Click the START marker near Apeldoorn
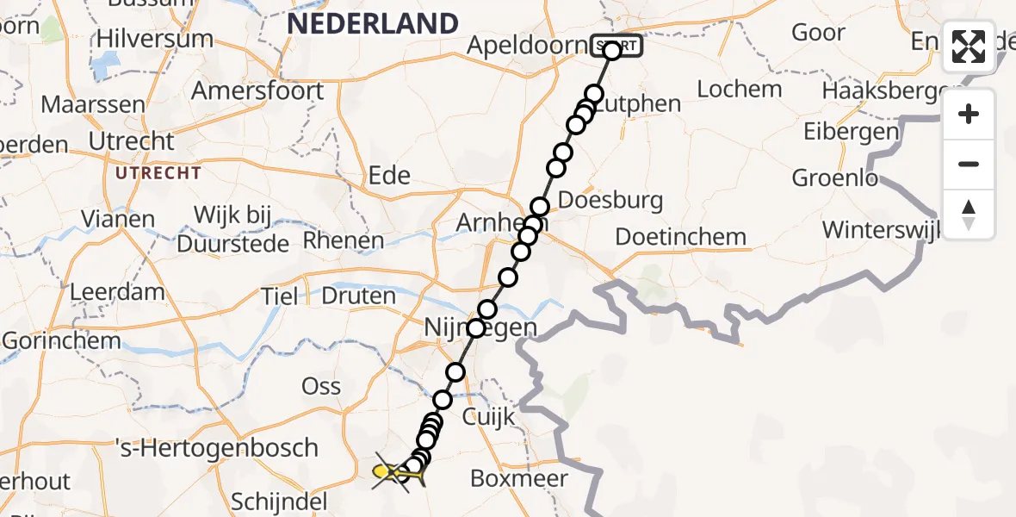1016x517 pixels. coord(616,46)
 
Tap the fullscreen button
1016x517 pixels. coord(969,47)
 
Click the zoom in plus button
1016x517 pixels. coord(969,114)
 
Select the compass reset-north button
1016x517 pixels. coord(969,215)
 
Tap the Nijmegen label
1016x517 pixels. coord(480,328)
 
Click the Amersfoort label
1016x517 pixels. coord(257,90)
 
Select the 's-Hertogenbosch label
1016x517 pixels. coord(216,448)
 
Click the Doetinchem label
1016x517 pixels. coord(681,237)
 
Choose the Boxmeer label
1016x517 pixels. coord(519,478)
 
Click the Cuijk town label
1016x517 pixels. coord(488,417)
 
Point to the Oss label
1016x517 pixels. coord(322,386)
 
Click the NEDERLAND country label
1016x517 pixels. coord(372,23)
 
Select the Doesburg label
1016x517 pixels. coord(610,202)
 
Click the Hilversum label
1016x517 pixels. coord(155,39)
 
